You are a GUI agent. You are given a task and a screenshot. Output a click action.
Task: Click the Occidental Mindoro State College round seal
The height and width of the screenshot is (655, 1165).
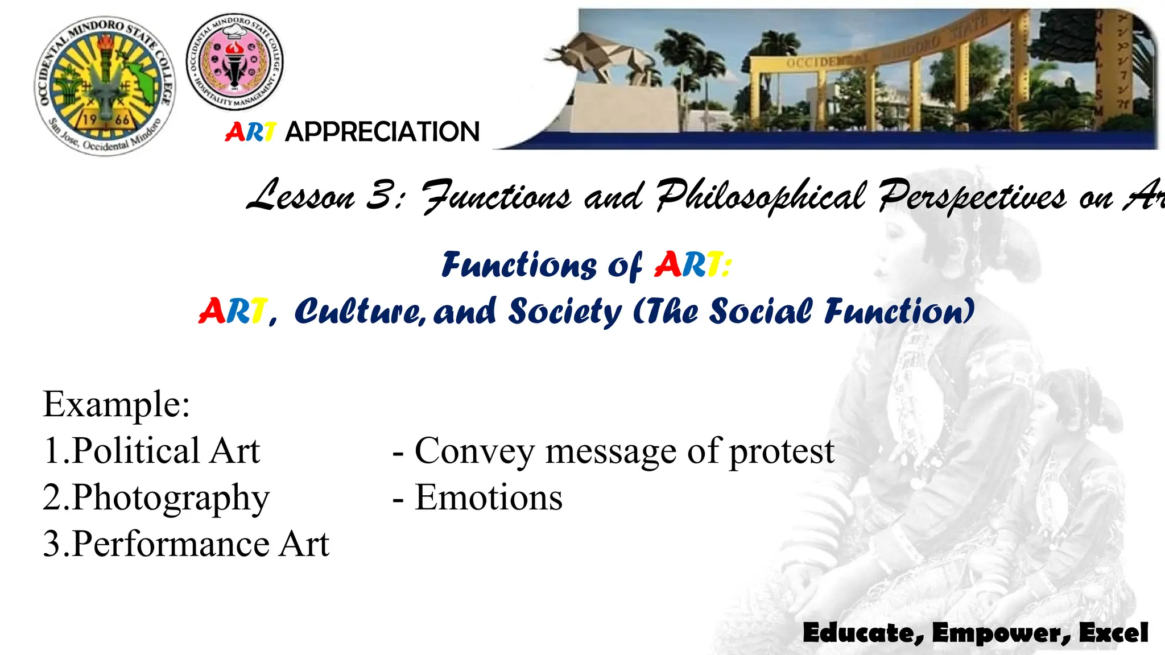105,85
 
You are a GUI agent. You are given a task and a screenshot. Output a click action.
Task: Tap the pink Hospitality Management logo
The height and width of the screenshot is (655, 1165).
234,61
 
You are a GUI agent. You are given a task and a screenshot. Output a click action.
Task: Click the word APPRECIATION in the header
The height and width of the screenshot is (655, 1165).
382,132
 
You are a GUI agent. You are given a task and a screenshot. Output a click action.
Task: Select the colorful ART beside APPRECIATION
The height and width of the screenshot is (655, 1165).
250,132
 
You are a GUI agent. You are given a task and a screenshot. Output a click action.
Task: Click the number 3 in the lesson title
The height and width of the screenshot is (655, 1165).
380,195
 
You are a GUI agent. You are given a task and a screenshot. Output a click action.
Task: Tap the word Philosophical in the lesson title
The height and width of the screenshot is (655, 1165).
761,196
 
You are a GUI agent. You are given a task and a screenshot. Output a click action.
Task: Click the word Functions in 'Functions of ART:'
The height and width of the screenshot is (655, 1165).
519,266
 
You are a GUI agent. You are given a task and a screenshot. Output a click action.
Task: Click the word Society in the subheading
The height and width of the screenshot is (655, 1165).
564,312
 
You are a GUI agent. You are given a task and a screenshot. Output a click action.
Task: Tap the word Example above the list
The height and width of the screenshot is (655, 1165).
116,404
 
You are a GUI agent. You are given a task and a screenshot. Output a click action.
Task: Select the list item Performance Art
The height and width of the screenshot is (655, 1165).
200,544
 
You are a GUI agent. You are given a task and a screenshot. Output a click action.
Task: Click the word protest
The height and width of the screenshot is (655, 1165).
782,452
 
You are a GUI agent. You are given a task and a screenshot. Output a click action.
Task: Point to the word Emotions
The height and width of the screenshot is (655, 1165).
489,498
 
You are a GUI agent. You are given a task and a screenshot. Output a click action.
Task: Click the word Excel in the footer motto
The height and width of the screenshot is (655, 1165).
1113,633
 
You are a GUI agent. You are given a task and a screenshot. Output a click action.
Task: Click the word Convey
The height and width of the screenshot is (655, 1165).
474,452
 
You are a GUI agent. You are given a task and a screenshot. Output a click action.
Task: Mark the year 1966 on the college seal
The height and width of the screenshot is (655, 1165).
106,120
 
